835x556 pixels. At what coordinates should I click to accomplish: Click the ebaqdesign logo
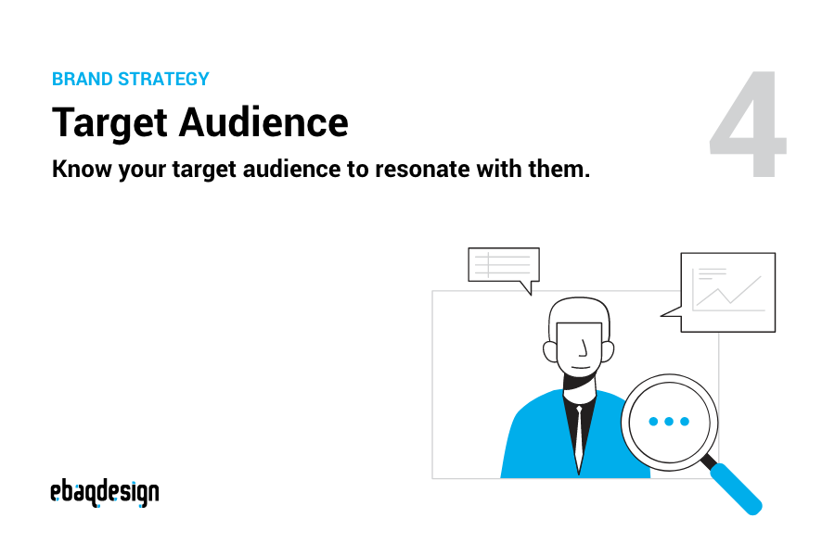click(x=104, y=493)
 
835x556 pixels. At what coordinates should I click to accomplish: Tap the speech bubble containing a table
click(x=503, y=266)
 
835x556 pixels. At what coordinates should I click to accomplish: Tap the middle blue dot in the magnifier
click(x=668, y=422)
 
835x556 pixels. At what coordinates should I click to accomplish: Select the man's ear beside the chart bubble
click(x=609, y=351)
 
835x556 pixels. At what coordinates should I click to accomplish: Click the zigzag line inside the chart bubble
click(x=728, y=293)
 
